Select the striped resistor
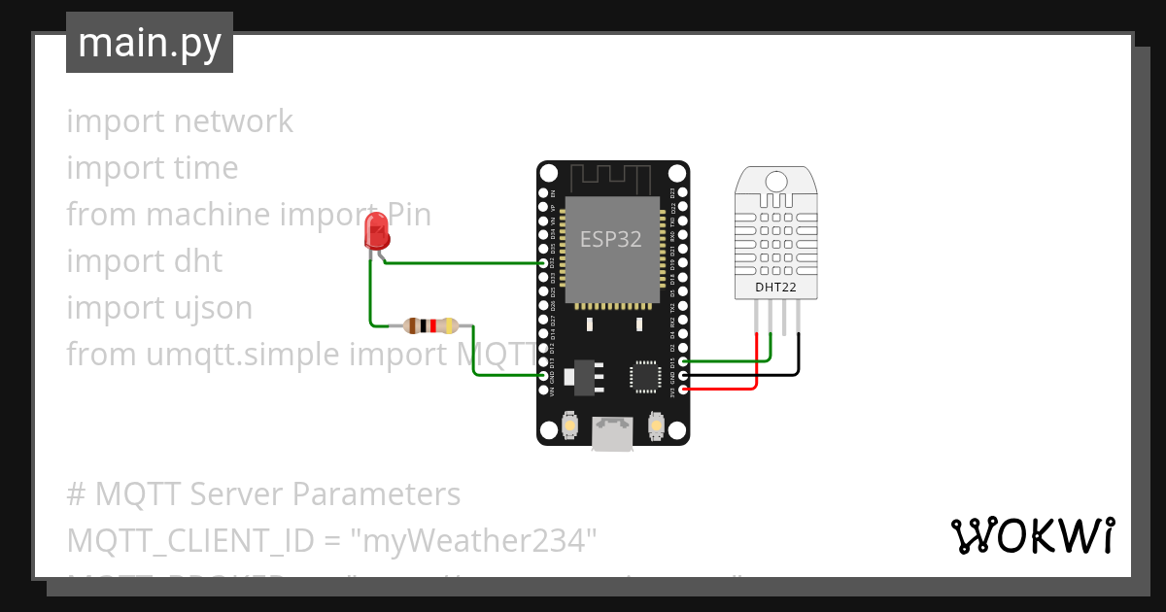pyautogui.click(x=431, y=326)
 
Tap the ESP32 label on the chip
pyautogui.click(x=610, y=239)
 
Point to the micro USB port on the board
pyautogui.click(x=613, y=433)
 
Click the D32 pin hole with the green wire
pyautogui.click(x=544, y=263)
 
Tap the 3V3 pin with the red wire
pyautogui.click(x=684, y=389)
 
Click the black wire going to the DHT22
pyautogui.click(x=799, y=359)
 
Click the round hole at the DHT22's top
pyautogui.click(x=776, y=181)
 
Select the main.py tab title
pyautogui.click(x=149, y=43)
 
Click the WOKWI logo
pyautogui.click(x=1031, y=535)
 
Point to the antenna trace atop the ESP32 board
pyautogui.click(x=609, y=179)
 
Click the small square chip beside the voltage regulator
pyautogui.click(x=645, y=377)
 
